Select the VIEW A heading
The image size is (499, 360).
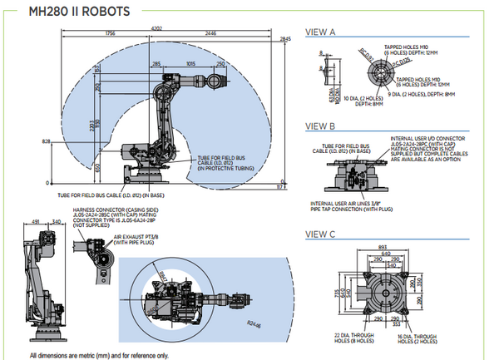pos(321,32)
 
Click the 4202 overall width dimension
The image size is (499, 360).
pos(157,28)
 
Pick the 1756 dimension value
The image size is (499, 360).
pos(110,33)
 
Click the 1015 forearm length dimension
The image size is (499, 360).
pos(192,63)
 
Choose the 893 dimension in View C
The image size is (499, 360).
pos(383,248)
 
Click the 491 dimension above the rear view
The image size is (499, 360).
pos(35,222)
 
